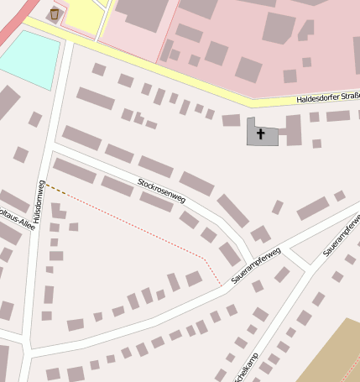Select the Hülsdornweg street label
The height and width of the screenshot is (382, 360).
tap(39, 201)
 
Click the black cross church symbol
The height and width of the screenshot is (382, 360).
tap(260, 133)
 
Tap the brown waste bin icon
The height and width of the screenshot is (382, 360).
tap(55, 13)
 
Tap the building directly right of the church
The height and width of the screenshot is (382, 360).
tap(293, 130)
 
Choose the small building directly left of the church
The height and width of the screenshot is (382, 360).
tap(231, 120)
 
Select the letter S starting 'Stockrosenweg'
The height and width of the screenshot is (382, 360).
tap(140, 181)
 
